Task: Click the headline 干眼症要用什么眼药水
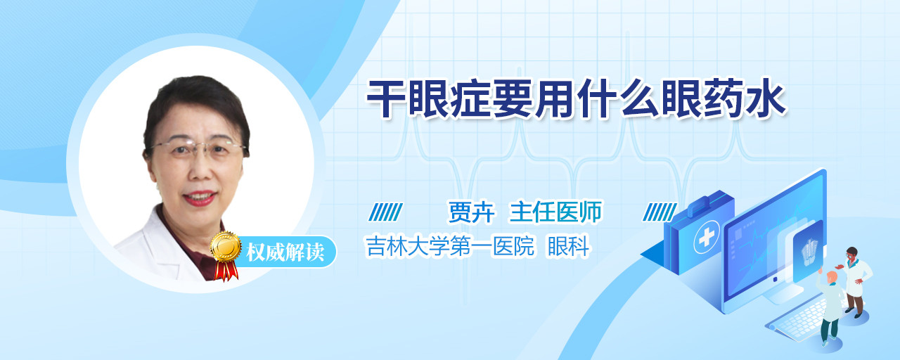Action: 576,99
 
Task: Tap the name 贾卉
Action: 471,212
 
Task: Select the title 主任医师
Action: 555,212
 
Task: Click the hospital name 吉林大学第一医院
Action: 450,246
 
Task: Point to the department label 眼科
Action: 569,246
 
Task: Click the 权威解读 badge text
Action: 285,252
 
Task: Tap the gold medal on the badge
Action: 226,246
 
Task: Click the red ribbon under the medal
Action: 226,270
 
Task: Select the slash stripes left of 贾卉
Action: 386,212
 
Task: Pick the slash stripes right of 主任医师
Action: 660,212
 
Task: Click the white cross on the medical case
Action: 707,238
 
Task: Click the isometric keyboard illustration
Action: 797,319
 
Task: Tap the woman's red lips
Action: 200,198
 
